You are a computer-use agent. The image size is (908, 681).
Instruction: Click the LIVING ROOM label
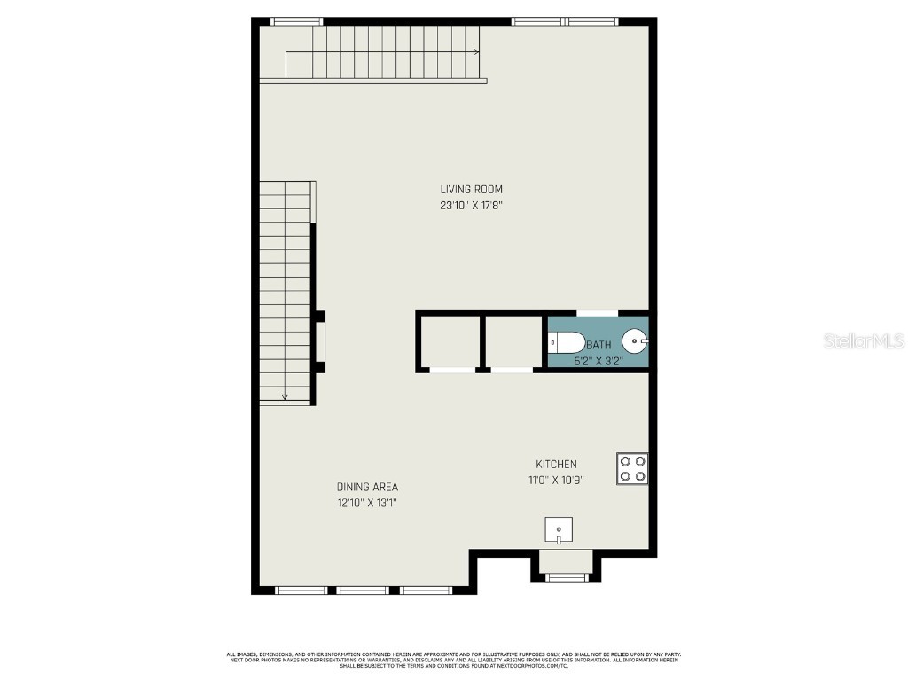pos(471,189)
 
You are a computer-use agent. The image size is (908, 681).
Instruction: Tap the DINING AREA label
pos(367,487)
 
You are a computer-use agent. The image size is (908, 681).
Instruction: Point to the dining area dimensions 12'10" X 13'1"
pos(367,503)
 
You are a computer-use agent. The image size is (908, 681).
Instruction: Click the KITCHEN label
pos(556,464)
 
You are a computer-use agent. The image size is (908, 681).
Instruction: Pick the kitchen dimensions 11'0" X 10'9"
pos(556,480)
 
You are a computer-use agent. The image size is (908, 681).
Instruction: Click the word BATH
pos(599,345)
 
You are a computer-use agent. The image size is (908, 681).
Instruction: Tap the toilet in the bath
pos(566,341)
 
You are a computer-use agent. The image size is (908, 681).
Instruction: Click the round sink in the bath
pos(636,340)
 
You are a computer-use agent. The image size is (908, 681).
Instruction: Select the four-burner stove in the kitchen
pos(632,468)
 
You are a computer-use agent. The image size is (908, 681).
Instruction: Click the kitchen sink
pos(559,529)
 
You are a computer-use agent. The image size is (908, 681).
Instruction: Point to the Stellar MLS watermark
pos(864,340)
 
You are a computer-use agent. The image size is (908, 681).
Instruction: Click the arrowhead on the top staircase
pos(476,52)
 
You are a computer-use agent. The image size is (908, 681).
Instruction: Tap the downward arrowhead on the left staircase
pos(285,396)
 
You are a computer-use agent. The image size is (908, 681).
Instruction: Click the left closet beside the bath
pos(450,341)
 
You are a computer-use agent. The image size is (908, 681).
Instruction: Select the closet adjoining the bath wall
pos(513,341)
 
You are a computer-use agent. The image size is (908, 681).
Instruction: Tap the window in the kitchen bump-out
pos(566,577)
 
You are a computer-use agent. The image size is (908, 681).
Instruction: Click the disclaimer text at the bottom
pos(453,660)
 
